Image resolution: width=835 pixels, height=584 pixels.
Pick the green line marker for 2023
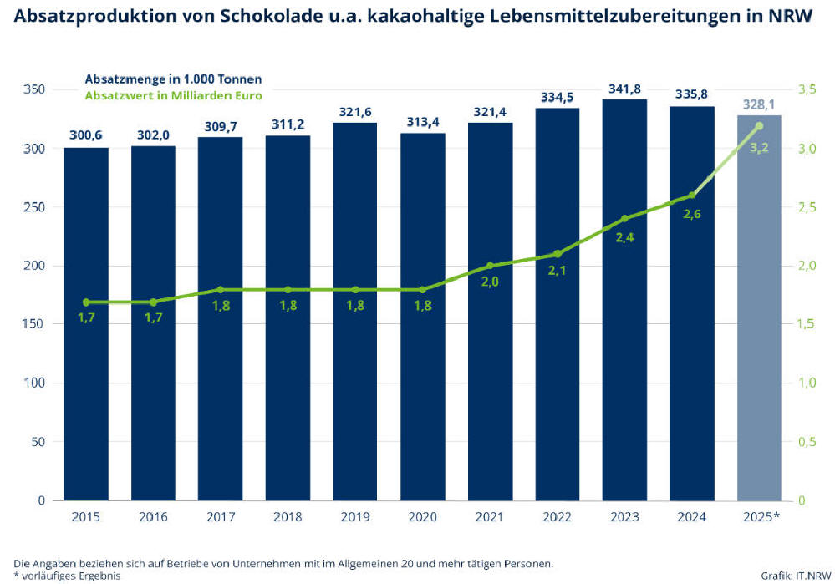624,219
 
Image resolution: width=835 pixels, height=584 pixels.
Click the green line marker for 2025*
759,126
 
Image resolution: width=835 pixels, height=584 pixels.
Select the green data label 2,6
692,214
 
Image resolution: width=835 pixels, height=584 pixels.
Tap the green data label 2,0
490,282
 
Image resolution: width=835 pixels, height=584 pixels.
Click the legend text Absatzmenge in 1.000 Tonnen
174,79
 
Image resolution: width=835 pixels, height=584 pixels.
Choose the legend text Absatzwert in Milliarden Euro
174,95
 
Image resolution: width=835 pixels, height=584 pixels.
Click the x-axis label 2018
288,517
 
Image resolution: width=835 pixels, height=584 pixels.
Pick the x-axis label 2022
557,517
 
